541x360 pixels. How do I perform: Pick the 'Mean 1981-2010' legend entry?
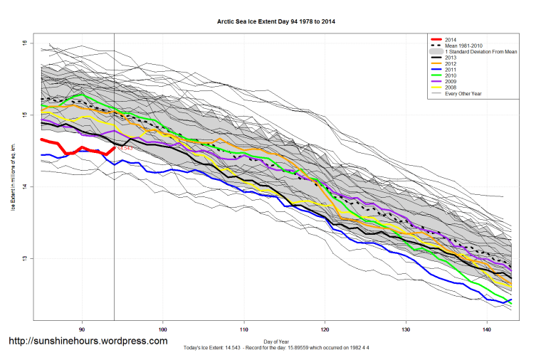click(467, 46)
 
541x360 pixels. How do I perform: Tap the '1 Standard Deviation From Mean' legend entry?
click(481, 53)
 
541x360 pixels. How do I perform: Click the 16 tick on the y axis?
click(23, 43)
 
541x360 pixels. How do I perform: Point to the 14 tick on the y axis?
click(23, 186)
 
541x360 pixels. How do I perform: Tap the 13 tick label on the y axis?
click(23, 258)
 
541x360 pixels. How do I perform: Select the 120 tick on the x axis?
click(325, 329)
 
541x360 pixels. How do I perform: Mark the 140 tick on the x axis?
click(486, 329)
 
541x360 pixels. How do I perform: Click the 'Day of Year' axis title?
click(275, 340)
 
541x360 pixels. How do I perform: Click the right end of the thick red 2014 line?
click(114, 148)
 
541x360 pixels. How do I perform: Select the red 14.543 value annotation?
click(124, 149)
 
